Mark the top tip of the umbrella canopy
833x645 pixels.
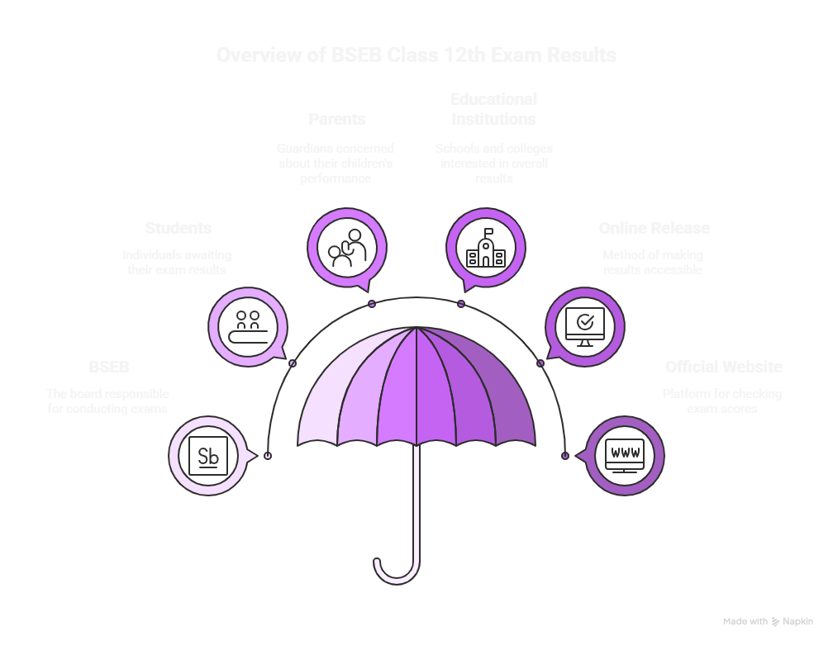pyautogui.click(x=416, y=327)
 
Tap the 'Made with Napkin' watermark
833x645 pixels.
pyautogui.click(x=768, y=621)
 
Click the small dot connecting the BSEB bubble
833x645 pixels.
pyautogui.click(x=267, y=456)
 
